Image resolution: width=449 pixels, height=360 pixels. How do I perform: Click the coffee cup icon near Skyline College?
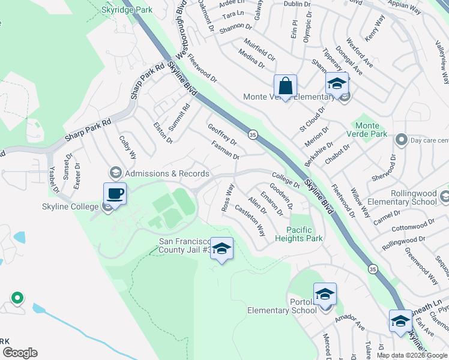click(115, 194)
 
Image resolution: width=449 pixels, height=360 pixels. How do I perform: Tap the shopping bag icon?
click(285, 86)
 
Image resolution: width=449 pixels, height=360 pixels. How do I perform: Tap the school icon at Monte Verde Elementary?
click(337, 84)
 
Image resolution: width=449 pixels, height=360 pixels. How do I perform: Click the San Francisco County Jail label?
click(184, 245)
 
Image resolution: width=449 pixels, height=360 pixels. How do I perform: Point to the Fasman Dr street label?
click(225, 150)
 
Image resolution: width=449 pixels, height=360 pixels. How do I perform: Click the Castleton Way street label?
click(250, 220)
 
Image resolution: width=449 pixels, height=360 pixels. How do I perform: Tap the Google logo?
click(19, 353)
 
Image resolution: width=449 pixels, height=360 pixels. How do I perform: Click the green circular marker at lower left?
click(17, 297)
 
